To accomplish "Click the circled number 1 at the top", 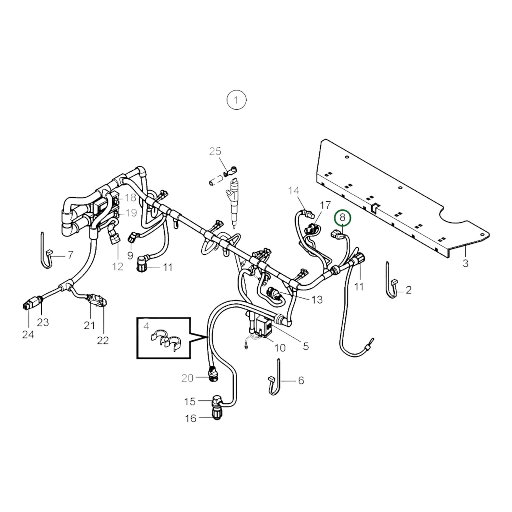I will pos(236,100).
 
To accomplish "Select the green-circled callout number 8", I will pos(342,218).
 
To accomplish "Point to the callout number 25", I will pos(215,151).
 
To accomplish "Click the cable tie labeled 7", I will pos(45,252).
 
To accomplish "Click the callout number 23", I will pos(43,322).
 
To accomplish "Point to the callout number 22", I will pos(103,340).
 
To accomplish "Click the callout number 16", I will pos(191,418).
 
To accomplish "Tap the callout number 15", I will pos(190,401).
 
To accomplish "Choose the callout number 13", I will pos(317,299).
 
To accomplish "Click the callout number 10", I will pos(280,348).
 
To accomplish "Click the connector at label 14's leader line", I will pos(310,215).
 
